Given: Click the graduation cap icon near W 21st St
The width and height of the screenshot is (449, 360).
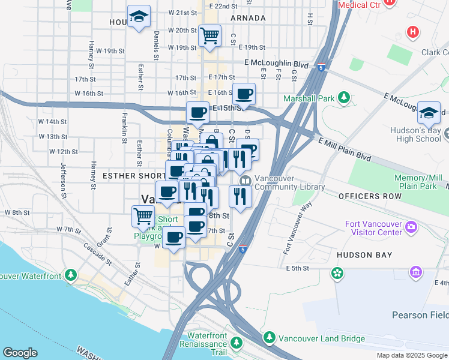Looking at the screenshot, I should pyautogui.click(x=139, y=17).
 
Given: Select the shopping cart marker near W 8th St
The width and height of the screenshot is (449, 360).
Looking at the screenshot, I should pyautogui.click(x=143, y=216).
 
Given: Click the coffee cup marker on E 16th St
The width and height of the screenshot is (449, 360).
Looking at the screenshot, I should pyautogui.click(x=244, y=94).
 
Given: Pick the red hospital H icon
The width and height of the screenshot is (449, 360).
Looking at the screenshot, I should pyautogui.click(x=412, y=31).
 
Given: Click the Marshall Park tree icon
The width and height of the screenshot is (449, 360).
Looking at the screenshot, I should pyautogui.click(x=344, y=97).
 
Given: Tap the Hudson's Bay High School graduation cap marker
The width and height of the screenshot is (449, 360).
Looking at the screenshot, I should pyautogui.click(x=430, y=113).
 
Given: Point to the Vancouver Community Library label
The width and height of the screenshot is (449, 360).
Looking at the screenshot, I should pyautogui.click(x=289, y=182).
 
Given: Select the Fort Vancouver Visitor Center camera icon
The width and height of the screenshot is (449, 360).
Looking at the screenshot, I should pyautogui.click(x=411, y=227).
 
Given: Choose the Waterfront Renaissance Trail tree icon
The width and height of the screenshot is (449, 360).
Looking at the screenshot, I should pyautogui.click(x=237, y=343).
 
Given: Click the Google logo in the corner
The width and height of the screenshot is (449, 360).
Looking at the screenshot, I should pyautogui.click(x=20, y=352).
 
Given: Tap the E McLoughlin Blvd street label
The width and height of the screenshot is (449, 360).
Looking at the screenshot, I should pyautogui.click(x=276, y=64).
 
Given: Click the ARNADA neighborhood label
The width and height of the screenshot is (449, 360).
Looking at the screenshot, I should pyautogui.click(x=247, y=18).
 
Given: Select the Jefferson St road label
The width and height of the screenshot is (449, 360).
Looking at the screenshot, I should pyautogui.click(x=63, y=180).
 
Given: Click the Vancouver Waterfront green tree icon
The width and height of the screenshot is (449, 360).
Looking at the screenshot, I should pyautogui.click(x=71, y=275).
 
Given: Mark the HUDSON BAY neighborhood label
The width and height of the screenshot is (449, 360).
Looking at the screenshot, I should pyautogui.click(x=364, y=255).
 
